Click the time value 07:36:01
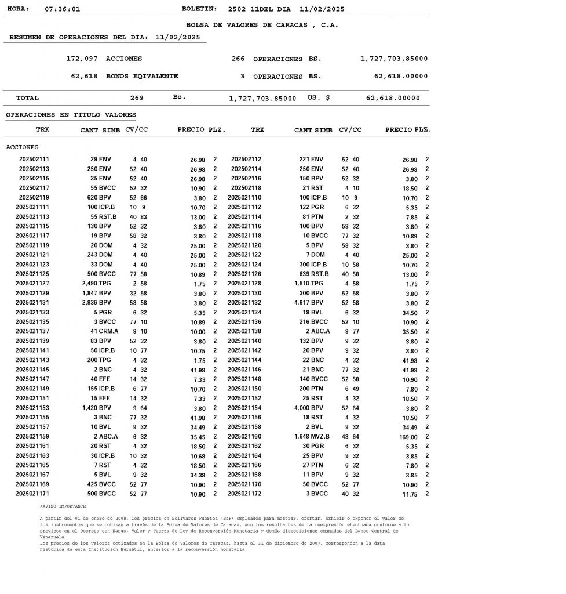(62, 9)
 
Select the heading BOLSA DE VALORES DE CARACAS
(262, 26)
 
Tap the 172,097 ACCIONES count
(104, 59)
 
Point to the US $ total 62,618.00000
(393, 98)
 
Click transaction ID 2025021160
(244, 436)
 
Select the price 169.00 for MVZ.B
(408, 437)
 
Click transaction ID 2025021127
(32, 284)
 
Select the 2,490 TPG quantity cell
(96, 284)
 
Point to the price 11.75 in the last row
(410, 494)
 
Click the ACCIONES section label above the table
(22, 147)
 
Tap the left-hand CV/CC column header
(136, 129)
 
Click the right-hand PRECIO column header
(399, 129)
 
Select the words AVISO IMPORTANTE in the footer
(64, 506)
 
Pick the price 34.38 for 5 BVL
(198, 475)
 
